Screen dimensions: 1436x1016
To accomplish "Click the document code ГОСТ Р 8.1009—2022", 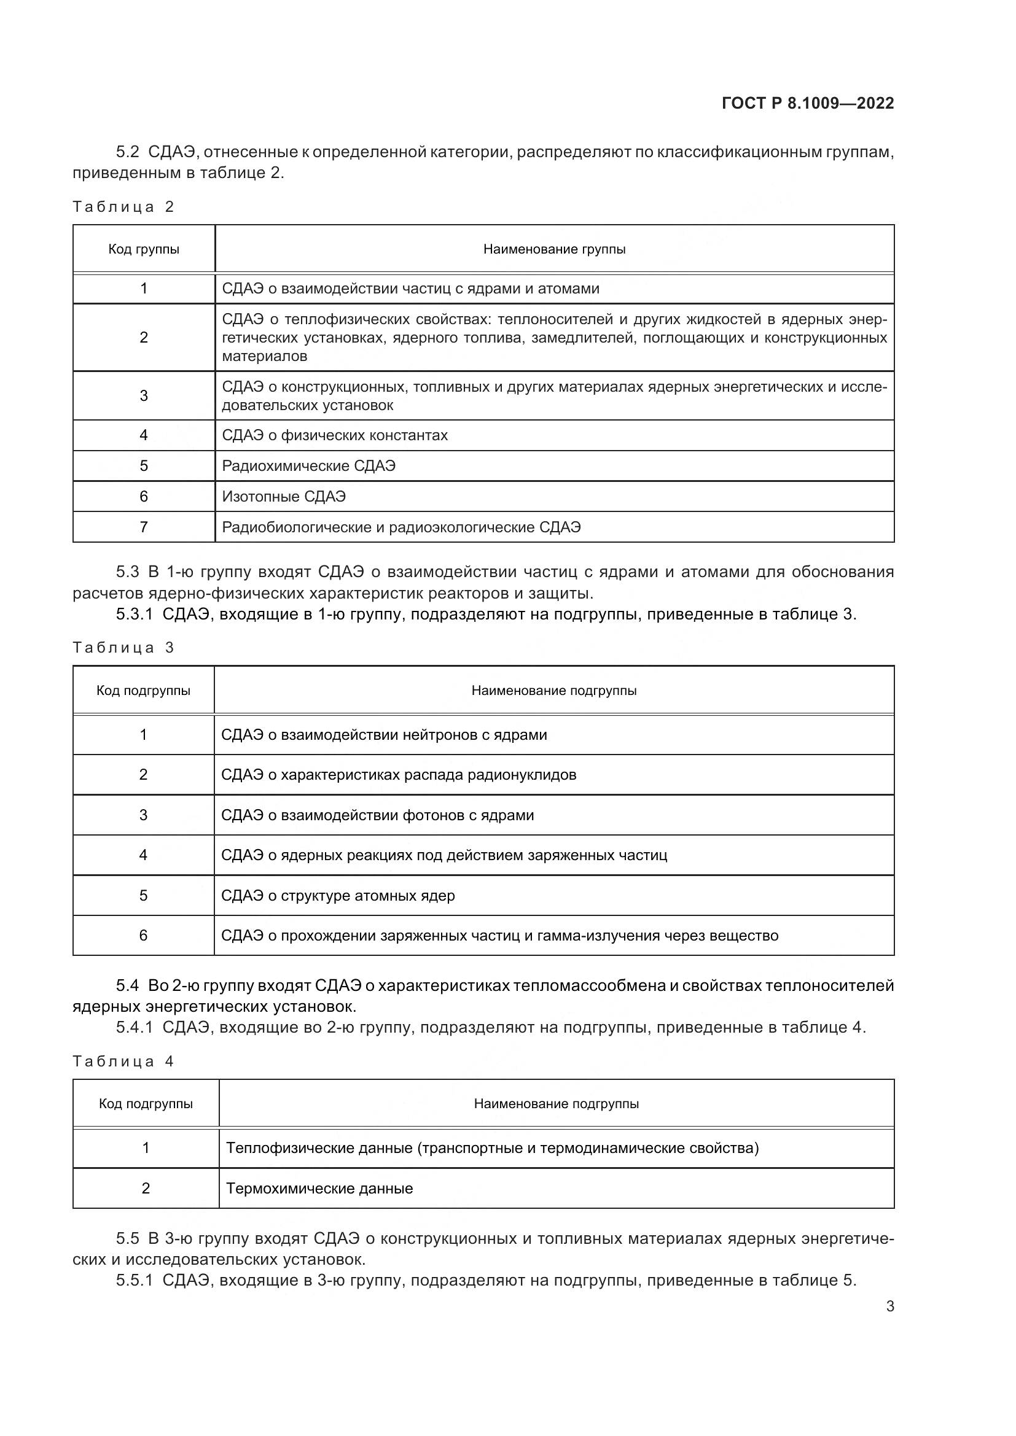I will pos(808,103).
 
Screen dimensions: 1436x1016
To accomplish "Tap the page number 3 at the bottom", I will pos(889,1306).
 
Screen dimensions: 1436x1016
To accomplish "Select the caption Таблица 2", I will pos(123,207).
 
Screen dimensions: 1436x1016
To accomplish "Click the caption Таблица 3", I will pos(123,648).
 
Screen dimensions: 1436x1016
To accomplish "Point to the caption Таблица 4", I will pos(123,1061).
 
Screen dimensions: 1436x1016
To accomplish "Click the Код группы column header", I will pos(144,249).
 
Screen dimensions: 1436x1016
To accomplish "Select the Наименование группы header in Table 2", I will pos(554,249).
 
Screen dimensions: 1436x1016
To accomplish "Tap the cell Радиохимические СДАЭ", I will pos(308,466).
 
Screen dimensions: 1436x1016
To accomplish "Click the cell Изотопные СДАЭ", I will pos(283,497).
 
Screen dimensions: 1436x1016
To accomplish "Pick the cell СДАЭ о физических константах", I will pos(335,435).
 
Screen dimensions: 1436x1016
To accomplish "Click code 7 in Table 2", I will pos(144,527).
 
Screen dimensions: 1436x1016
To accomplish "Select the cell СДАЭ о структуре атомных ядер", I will pos(338,896).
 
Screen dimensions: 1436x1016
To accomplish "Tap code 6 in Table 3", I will pos(143,936).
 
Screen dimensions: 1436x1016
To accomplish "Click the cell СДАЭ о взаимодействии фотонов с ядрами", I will pos(377,815).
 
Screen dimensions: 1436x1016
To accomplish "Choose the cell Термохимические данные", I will pos(319,1189).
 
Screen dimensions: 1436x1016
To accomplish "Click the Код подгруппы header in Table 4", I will pos(146,1104).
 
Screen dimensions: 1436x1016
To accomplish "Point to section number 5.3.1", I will pos(134,614).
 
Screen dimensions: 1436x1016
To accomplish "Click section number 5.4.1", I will pos(134,1028).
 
